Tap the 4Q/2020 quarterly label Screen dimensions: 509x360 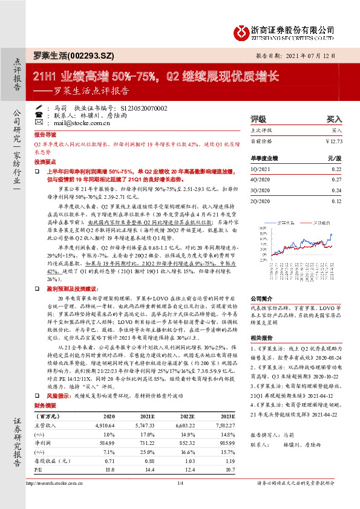pyautogui.click(x=260, y=180)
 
